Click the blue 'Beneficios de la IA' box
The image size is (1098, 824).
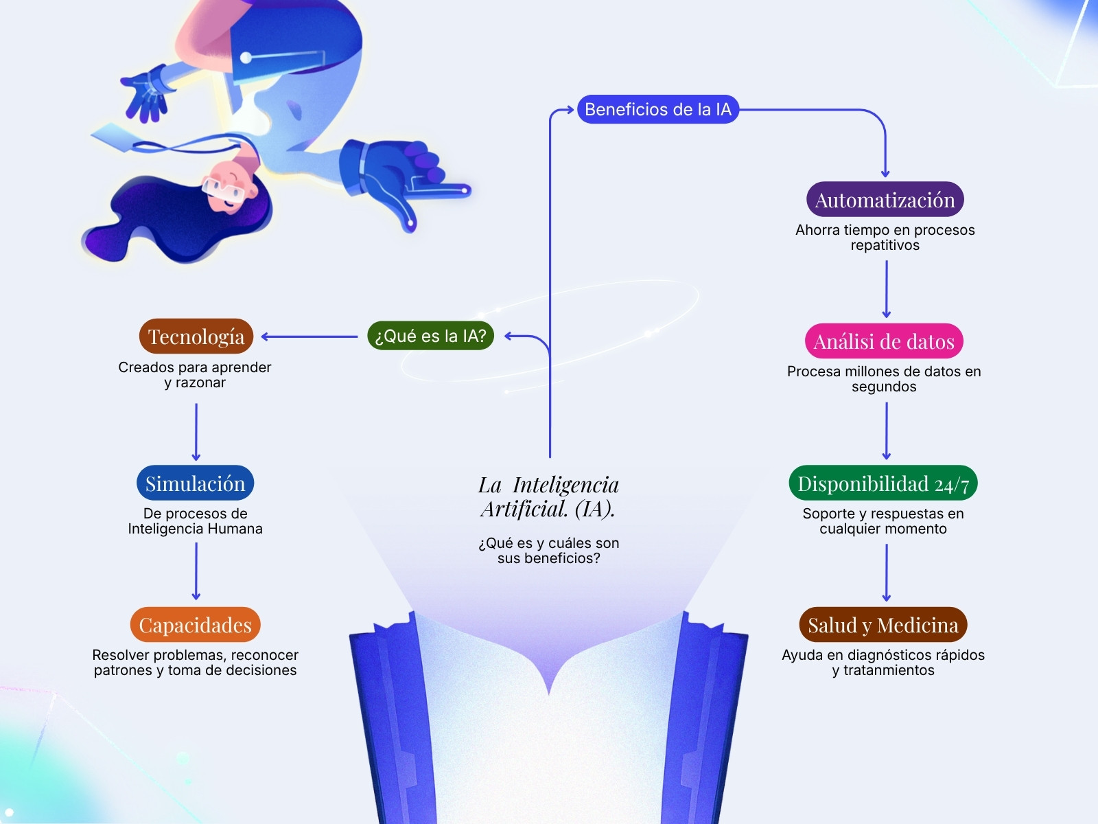click(658, 109)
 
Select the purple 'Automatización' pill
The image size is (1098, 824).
click(885, 199)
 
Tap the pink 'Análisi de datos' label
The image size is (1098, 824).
click(884, 341)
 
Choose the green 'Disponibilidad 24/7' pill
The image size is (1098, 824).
click(883, 483)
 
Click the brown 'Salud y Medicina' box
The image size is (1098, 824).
click(883, 624)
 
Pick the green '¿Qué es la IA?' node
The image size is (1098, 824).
click(430, 335)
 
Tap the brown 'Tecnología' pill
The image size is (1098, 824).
click(196, 336)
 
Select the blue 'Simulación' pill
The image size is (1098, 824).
click(195, 483)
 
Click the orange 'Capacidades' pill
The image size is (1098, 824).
click(195, 624)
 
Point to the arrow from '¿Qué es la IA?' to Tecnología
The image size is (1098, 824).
click(309, 336)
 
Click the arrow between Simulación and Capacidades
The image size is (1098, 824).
click(196, 571)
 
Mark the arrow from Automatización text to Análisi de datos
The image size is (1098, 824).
click(886, 289)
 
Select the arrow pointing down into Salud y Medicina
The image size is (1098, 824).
click(886, 573)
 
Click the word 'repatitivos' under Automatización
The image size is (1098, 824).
click(885, 245)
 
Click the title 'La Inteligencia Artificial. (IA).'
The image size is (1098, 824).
click(548, 496)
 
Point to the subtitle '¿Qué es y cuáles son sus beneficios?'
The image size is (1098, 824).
click(549, 550)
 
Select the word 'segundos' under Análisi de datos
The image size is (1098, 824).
click(884, 387)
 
